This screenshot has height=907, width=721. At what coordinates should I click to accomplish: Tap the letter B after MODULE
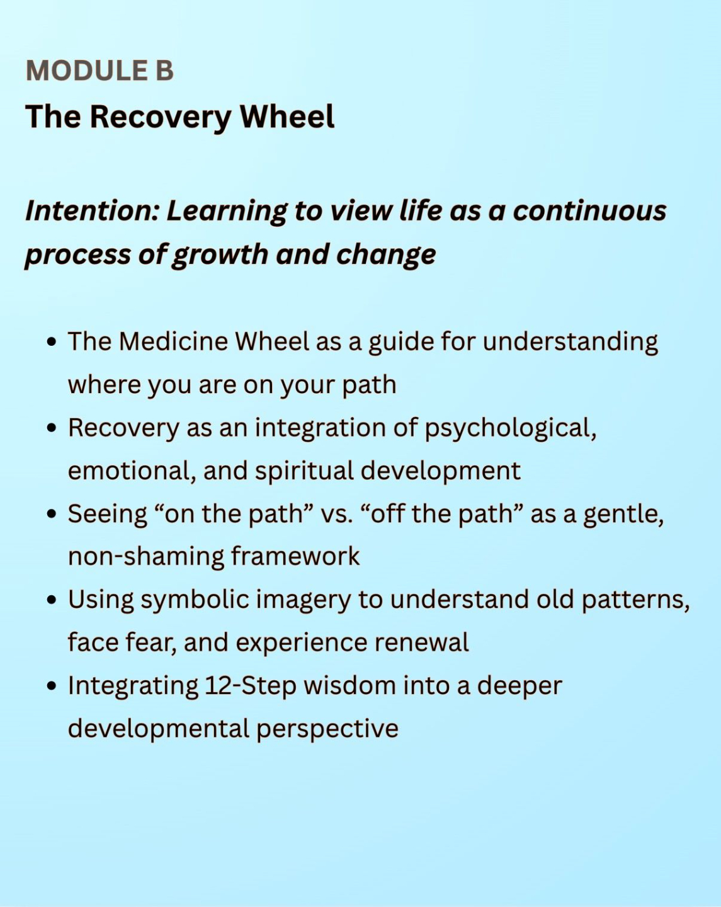(164, 71)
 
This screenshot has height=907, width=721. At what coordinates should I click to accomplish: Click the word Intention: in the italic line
(91, 211)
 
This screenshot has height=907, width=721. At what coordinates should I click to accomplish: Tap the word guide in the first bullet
(401, 343)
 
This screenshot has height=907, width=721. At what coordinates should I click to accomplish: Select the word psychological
(510, 428)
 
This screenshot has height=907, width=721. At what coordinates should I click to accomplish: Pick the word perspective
(327, 729)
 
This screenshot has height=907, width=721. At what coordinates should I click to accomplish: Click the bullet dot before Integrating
(52, 686)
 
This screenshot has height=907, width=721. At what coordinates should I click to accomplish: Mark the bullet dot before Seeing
(52, 514)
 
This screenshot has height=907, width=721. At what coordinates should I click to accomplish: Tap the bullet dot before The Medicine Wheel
(52, 342)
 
